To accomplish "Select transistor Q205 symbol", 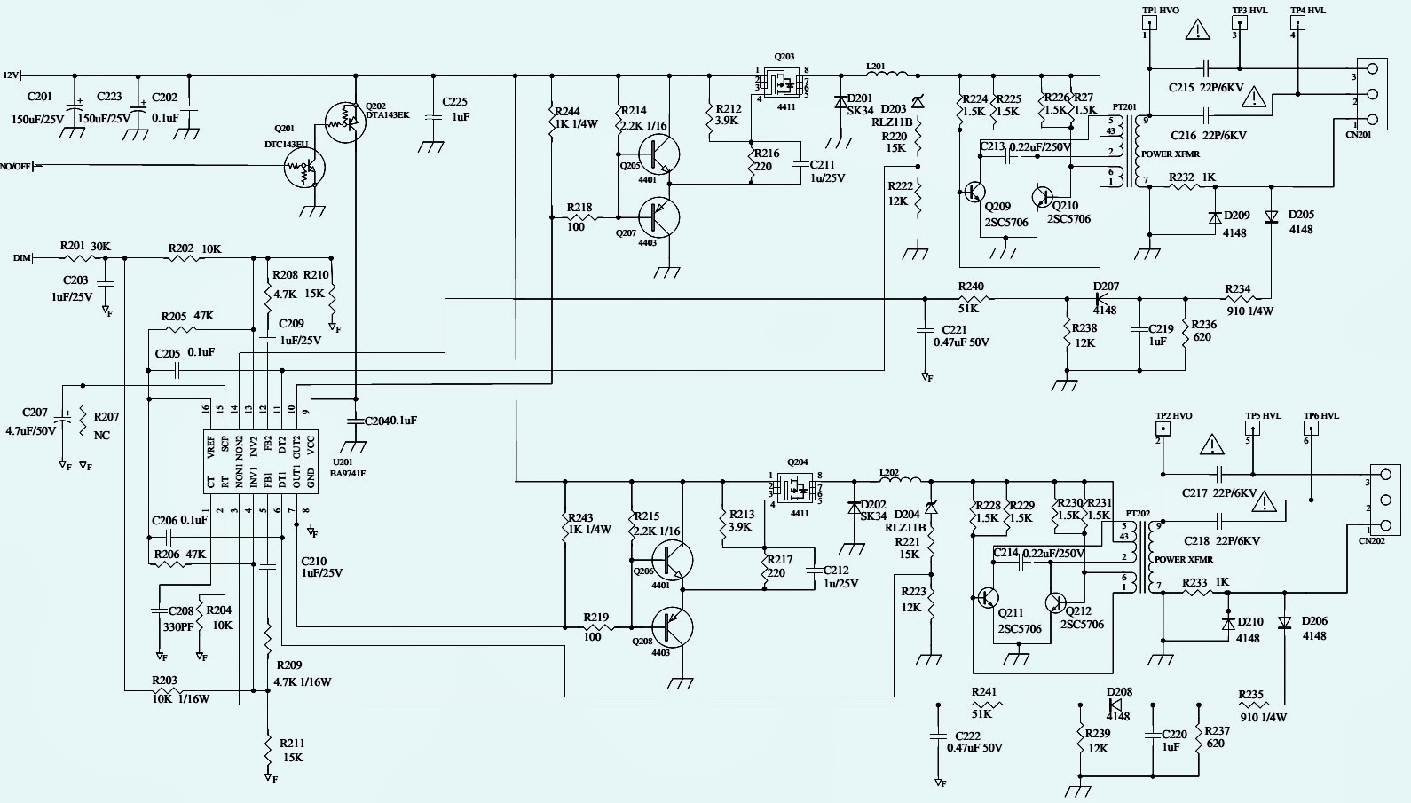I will (x=658, y=154).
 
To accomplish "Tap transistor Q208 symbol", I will (x=672, y=627).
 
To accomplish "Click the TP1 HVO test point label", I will (x=1160, y=11).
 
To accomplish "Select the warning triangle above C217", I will (x=1211, y=445).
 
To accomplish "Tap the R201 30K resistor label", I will (x=85, y=246).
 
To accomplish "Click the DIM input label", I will (x=22, y=258).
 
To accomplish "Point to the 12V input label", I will (x=11, y=75).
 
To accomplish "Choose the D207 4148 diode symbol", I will (x=1104, y=299).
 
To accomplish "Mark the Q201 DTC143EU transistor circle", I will (x=304, y=167).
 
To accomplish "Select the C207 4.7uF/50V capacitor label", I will (x=35, y=421).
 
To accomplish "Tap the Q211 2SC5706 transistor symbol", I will (x=987, y=599).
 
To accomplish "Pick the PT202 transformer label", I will (x=1138, y=514).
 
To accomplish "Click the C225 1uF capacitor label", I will (x=454, y=109).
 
